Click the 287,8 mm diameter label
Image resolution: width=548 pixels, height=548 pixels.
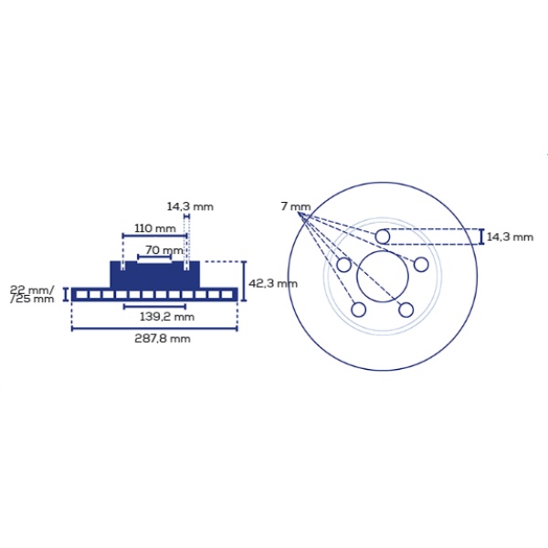tap(163, 339)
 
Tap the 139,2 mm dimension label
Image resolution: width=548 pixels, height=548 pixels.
tap(167, 317)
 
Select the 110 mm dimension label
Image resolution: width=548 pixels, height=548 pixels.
tap(155, 228)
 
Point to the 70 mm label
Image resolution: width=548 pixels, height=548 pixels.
tap(163, 250)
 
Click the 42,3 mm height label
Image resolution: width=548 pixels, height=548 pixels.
tap(273, 283)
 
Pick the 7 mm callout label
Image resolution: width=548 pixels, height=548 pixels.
tap(296, 206)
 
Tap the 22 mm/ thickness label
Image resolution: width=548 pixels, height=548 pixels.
tap(32, 290)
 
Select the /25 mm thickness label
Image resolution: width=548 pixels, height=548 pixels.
tap(32, 299)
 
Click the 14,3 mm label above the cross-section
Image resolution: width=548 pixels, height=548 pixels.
tap(190, 206)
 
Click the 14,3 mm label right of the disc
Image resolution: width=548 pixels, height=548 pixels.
tap(510, 237)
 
